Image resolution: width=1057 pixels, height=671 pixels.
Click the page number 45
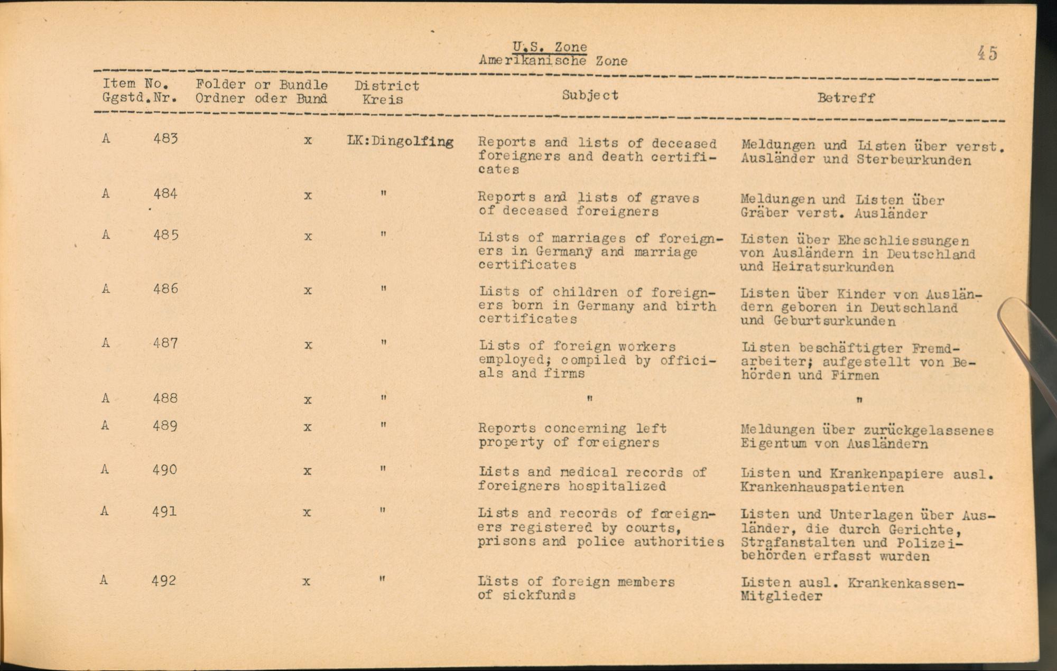pyautogui.click(x=987, y=53)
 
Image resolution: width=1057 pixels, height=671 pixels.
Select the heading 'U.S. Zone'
pyautogui.click(x=550, y=46)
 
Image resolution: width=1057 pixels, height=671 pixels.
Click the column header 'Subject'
pyautogui.click(x=590, y=95)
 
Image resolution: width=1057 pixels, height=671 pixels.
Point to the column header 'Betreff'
pyautogui.click(x=846, y=98)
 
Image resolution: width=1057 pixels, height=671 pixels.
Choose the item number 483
pyautogui.click(x=165, y=138)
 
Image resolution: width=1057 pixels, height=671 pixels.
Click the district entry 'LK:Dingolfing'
pyautogui.click(x=400, y=142)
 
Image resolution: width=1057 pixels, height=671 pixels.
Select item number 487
pyautogui.click(x=165, y=343)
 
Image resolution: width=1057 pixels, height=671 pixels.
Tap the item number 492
pyautogui.click(x=163, y=581)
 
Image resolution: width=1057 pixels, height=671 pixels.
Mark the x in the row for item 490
pyautogui.click(x=307, y=471)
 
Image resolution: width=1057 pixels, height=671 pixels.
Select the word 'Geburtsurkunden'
pyautogui.click(x=835, y=321)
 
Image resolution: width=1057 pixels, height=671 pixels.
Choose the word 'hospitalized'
pyautogui.click(x=617, y=486)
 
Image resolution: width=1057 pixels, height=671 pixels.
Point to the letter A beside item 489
pyautogui.click(x=105, y=425)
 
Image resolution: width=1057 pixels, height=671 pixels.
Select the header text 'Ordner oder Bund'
pyautogui.click(x=261, y=99)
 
